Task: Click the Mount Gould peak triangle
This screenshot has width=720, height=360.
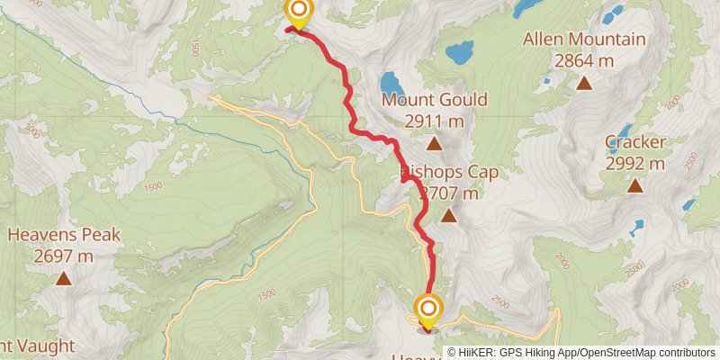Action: [434, 143]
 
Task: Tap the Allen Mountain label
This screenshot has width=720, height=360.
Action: [584, 40]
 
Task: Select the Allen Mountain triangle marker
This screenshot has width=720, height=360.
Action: [584, 84]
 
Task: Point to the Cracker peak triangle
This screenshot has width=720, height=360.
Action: [635, 186]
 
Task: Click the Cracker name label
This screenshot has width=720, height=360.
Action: [635, 142]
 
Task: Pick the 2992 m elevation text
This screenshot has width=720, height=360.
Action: [635, 164]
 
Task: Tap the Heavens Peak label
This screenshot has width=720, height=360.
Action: [64, 236]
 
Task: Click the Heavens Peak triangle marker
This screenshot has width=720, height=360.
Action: [64, 279]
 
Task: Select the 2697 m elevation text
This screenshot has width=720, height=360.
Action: [64, 256]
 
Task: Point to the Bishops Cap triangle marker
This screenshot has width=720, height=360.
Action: [448, 216]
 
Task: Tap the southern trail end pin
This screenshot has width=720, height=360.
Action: [427, 311]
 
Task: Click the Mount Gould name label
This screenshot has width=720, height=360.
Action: [434, 99]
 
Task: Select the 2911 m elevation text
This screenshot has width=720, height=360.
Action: [434, 121]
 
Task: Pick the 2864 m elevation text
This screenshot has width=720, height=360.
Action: [584, 61]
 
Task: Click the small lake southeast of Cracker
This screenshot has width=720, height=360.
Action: [638, 226]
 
